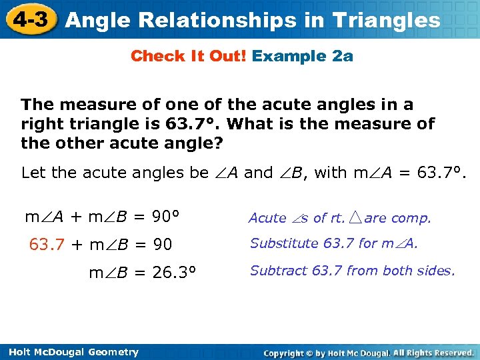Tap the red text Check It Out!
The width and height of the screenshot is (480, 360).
[189, 57]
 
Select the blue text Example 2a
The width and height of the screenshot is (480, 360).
[303, 57]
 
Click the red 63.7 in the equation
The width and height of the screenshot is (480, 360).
[47, 245]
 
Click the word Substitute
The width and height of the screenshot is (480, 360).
[284, 243]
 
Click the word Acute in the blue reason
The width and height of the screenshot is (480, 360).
[267, 218]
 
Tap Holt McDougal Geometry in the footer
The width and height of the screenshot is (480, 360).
[69, 352]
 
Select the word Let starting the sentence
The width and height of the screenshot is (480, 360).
[34, 173]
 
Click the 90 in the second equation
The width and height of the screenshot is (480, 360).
[163, 245]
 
